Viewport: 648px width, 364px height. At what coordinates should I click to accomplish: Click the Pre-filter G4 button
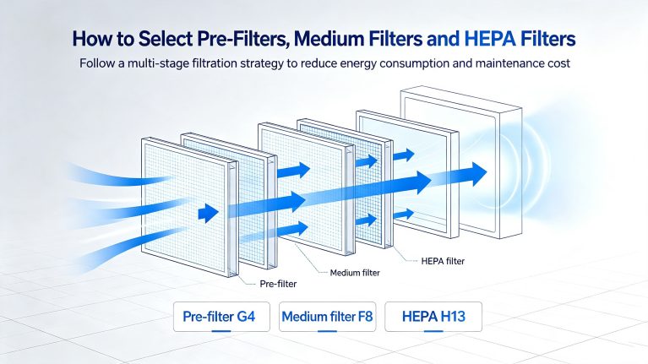tap(221, 317)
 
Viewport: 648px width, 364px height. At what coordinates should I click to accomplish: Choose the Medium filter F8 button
tap(327, 317)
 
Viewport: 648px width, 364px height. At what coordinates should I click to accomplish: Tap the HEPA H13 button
tap(433, 317)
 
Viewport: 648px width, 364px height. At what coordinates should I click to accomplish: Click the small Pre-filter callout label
tap(278, 284)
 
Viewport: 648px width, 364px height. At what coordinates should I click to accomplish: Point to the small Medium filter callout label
tap(355, 273)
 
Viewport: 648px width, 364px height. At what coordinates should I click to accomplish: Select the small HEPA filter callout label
tap(443, 261)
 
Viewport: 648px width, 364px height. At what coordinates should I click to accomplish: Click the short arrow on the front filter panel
tap(209, 213)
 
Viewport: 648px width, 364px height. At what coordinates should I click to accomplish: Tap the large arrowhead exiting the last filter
tap(479, 174)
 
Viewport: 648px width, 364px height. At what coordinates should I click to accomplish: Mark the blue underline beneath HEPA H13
tap(433, 331)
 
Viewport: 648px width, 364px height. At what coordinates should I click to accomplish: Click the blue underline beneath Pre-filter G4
tap(221, 331)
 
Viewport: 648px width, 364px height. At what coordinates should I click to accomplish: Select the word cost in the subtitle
tap(561, 63)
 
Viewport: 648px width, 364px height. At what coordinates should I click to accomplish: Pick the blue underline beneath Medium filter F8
tap(327, 331)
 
